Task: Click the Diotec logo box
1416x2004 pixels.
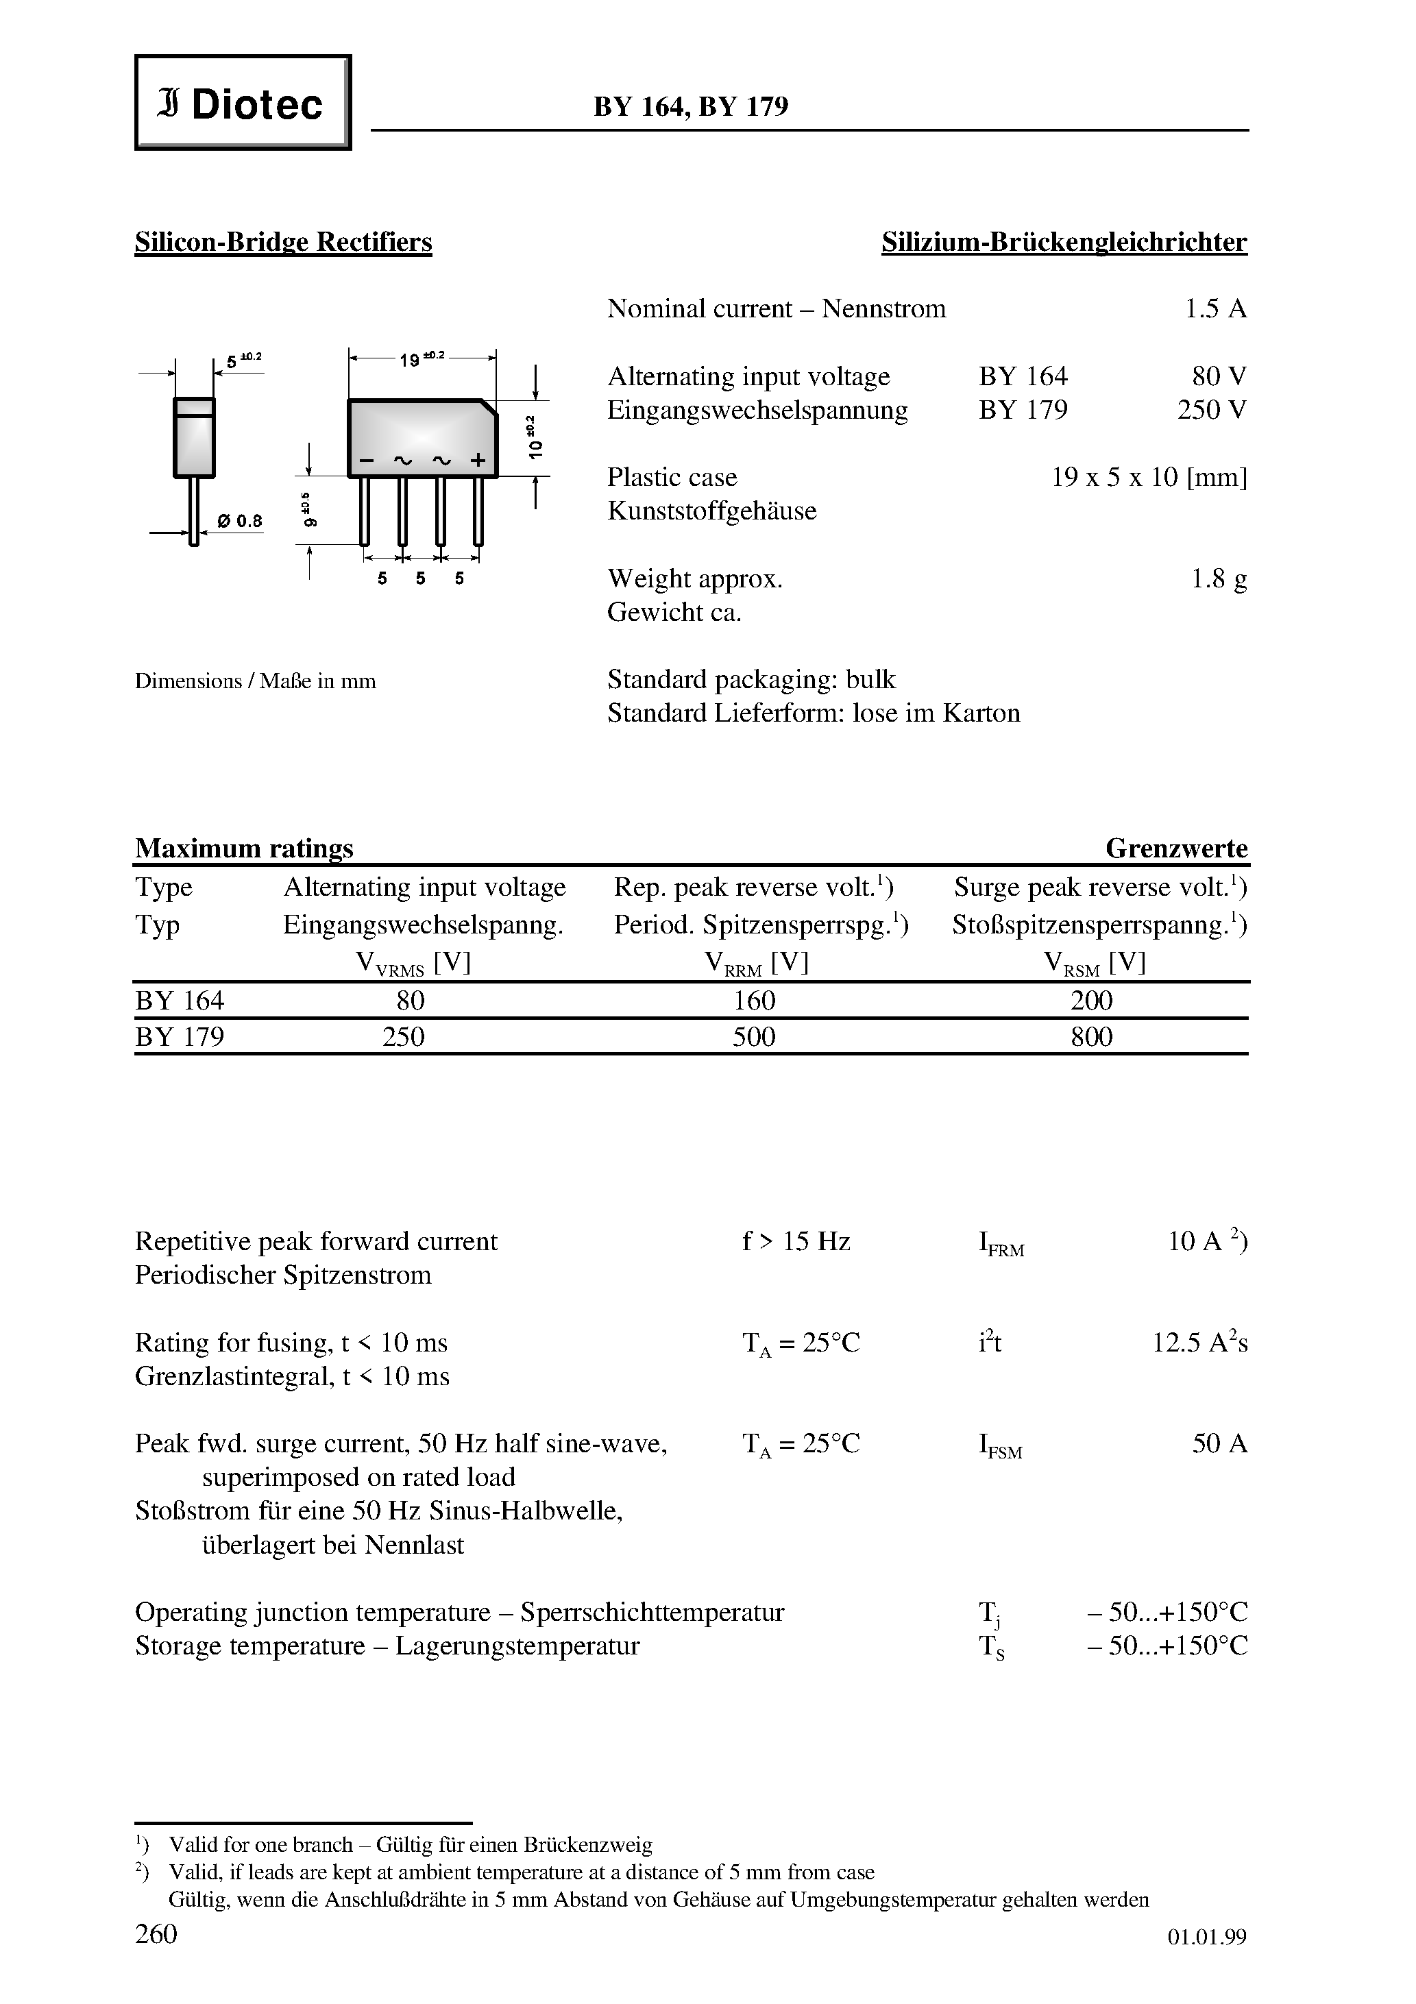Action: click(242, 103)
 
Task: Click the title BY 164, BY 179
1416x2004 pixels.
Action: click(691, 106)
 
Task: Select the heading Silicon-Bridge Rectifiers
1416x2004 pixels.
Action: click(283, 242)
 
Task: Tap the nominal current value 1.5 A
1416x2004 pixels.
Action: click(1215, 309)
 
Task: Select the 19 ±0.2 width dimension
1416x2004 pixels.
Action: click(422, 358)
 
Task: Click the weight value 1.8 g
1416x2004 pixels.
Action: click(1219, 578)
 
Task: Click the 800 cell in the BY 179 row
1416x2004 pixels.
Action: click(1091, 1037)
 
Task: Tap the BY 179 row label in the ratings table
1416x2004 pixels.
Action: click(180, 1037)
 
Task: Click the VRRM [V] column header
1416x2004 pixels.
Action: click(756, 964)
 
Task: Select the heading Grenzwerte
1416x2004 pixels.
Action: click(1176, 848)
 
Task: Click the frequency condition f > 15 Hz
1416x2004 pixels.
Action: click(795, 1241)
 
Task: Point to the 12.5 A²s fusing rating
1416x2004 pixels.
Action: click(1199, 1343)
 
